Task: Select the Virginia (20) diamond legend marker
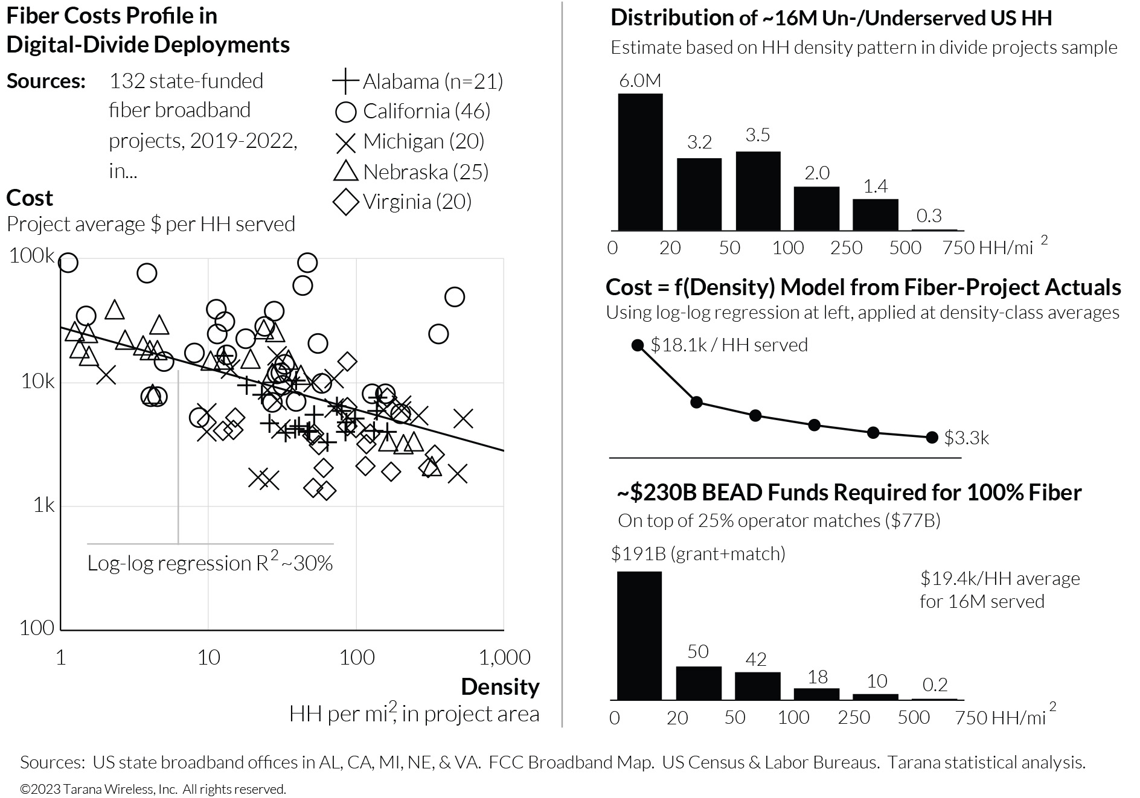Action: click(x=346, y=202)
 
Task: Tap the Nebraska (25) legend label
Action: click(x=425, y=172)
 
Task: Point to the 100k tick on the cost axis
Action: click(x=32, y=256)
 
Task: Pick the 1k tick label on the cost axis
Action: click(x=43, y=505)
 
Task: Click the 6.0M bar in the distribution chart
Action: click(x=640, y=162)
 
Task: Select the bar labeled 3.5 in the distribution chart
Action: click(x=758, y=191)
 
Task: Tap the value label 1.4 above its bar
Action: click(x=875, y=187)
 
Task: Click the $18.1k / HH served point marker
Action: click(x=638, y=345)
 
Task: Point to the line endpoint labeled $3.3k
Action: click(x=932, y=437)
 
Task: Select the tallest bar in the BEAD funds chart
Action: click(x=639, y=636)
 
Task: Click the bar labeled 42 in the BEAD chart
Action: click(x=757, y=686)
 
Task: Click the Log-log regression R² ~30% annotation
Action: click(x=210, y=563)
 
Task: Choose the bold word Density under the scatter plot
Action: click(x=500, y=687)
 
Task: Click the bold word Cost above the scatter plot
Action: click(x=30, y=198)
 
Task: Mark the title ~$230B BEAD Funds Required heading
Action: click(x=849, y=493)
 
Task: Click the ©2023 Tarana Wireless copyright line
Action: click(x=153, y=789)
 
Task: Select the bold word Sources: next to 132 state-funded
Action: click(x=46, y=81)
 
